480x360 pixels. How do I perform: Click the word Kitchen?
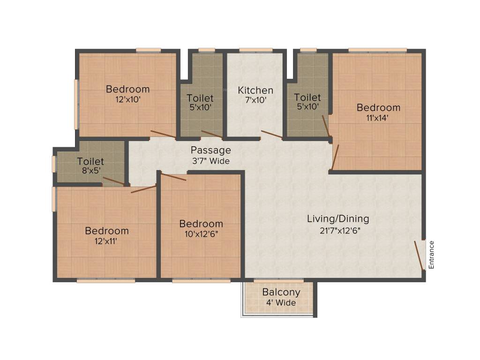pyautogui.click(x=255, y=90)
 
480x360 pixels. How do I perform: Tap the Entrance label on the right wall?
pyautogui.click(x=431, y=255)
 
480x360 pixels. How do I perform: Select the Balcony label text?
pyautogui.click(x=281, y=292)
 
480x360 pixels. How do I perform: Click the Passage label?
pyautogui.click(x=210, y=150)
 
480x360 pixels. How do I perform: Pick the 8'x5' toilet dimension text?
pyautogui.click(x=90, y=171)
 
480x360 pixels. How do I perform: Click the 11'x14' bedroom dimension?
pyautogui.click(x=378, y=118)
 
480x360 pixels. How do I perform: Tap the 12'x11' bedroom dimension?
pyautogui.click(x=106, y=241)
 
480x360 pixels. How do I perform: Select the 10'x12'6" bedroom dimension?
pyautogui.click(x=201, y=234)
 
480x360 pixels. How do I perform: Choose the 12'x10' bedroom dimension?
pyautogui.click(x=127, y=99)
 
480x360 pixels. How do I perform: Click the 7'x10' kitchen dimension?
pyautogui.click(x=255, y=100)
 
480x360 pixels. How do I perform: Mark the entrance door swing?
pyautogui.click(x=419, y=255)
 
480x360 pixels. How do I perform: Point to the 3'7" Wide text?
pyautogui.click(x=210, y=161)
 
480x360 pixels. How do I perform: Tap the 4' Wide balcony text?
pyautogui.click(x=281, y=303)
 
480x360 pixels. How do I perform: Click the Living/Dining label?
pyautogui.click(x=338, y=219)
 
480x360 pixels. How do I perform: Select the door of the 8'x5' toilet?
pyautogui.click(x=113, y=181)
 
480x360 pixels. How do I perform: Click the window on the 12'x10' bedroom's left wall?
pyautogui.click(x=76, y=104)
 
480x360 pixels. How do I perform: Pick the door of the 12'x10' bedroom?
pyautogui.click(x=163, y=134)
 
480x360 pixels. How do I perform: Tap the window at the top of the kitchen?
pyautogui.click(x=255, y=50)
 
